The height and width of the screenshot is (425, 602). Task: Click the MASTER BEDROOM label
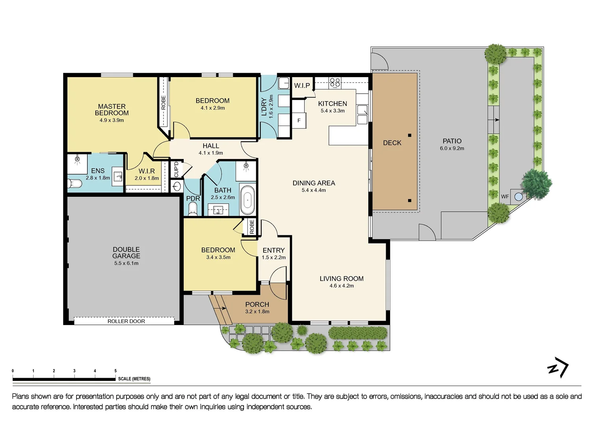tap(111, 109)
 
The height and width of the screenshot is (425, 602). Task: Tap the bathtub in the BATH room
tap(247, 200)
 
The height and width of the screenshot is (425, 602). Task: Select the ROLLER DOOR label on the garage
tap(126, 321)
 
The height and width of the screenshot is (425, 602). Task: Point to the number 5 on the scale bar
tap(115, 371)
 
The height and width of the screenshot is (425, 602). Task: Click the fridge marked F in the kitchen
tap(299, 120)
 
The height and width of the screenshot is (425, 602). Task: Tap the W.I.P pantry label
tap(302, 85)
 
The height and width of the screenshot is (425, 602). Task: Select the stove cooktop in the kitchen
tap(335, 82)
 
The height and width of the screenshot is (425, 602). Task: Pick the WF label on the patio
tap(505, 196)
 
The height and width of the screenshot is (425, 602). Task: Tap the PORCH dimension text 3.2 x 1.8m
tap(257, 312)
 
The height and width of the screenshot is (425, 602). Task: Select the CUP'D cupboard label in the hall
tap(176, 169)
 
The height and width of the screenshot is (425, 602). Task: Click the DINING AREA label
tap(314, 183)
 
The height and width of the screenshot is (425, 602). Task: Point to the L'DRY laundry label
tap(264, 107)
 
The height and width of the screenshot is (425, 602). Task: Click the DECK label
tap(392, 143)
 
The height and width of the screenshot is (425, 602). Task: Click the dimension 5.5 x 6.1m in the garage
tap(126, 263)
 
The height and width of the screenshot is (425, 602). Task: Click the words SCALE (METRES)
tap(134, 379)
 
